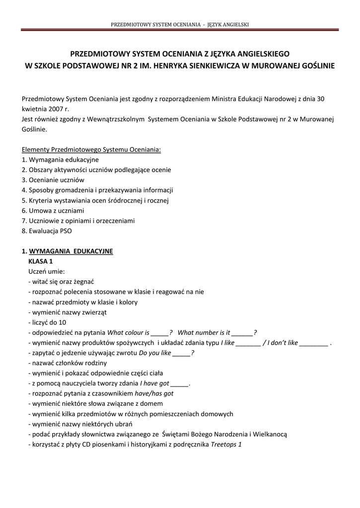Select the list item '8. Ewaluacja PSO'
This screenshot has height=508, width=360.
(50, 231)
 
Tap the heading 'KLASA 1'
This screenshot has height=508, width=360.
(41, 261)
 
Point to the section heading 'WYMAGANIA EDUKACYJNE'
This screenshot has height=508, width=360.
(71, 251)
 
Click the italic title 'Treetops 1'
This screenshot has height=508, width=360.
(226, 444)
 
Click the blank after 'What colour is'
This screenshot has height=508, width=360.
(159, 333)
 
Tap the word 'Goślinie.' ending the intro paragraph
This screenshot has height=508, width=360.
(35, 129)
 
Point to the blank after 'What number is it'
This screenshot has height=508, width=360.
(242, 333)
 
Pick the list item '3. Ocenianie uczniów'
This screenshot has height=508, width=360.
(53, 180)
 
